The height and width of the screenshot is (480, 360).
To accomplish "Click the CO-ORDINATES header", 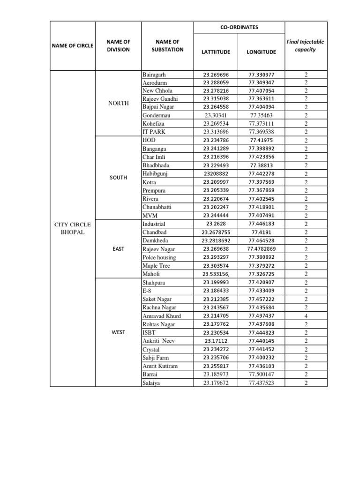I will pyautogui.click(x=239, y=27).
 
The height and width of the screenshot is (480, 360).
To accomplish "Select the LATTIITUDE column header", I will pyautogui.click(x=216, y=52).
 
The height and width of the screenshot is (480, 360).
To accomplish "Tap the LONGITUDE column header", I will pyautogui.click(x=261, y=52).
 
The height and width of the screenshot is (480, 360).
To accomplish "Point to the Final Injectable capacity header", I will pyautogui.click(x=305, y=45).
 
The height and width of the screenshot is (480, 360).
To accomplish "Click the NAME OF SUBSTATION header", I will pyautogui.click(x=167, y=45).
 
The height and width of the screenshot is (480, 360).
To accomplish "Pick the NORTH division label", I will pyautogui.click(x=118, y=103).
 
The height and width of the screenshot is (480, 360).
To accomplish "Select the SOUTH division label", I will pyautogui.click(x=118, y=178).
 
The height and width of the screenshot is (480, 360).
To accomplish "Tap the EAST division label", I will pyautogui.click(x=118, y=249).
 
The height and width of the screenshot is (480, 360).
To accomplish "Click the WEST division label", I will pyautogui.click(x=118, y=332).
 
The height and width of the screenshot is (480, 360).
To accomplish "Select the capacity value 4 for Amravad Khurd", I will pyautogui.click(x=306, y=316).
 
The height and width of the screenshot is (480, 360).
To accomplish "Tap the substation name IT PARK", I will pyautogui.click(x=153, y=132).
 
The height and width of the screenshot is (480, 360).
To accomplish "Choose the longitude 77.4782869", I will pyautogui.click(x=262, y=249).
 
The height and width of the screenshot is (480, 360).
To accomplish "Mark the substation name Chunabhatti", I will pyautogui.click(x=157, y=207).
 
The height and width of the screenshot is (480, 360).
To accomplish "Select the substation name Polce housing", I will pyautogui.click(x=159, y=257).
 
